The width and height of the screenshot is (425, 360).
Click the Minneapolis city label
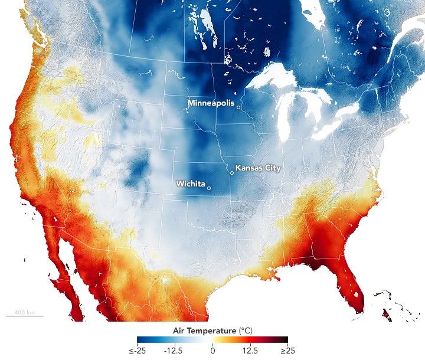[x=211, y=103]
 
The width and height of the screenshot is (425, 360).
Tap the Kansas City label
[x=258, y=168]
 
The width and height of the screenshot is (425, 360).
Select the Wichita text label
[x=191, y=184]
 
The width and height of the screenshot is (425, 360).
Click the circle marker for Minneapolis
[x=238, y=107]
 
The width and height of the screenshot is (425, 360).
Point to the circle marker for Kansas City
[x=232, y=173]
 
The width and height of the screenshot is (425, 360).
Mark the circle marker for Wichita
[x=209, y=188]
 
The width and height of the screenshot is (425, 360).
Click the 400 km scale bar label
[x=24, y=312]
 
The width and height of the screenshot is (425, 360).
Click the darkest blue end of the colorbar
[x=140, y=340]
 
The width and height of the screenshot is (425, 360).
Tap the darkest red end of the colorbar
[x=285, y=340]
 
